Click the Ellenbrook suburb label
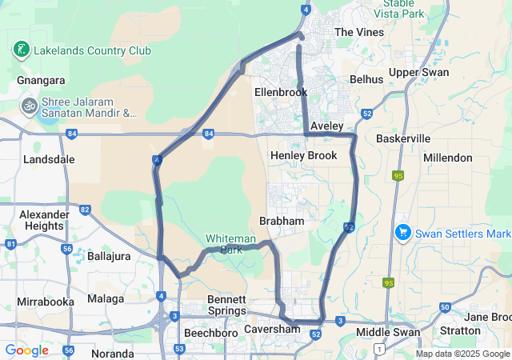coord(281,92)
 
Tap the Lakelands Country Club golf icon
coord(21,50)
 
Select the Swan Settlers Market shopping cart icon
coord(403,233)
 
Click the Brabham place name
coord(282,221)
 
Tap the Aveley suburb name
coord(326,126)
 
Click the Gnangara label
coord(41,80)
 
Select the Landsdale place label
coord(49,159)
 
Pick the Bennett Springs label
coord(227,305)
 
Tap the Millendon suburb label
coord(448,158)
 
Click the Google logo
coord(26,350)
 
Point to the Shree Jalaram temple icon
coord(30,106)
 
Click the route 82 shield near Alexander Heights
coord(85,210)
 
